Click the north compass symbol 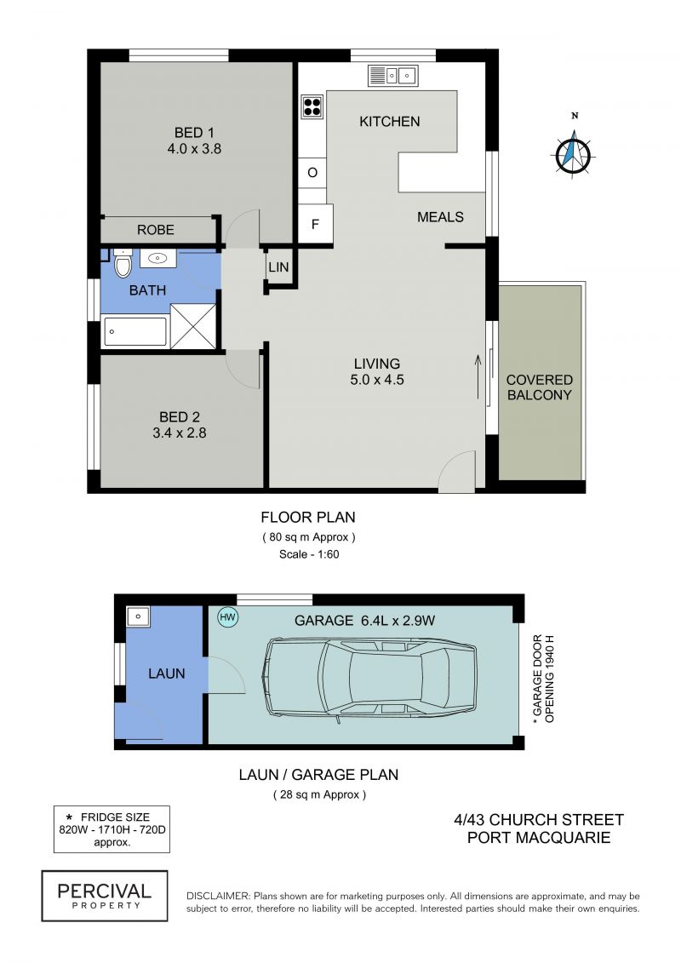click(x=573, y=153)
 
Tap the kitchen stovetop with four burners click(x=312, y=107)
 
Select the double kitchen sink click(x=393, y=76)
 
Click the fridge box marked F click(x=315, y=224)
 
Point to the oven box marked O click(x=312, y=173)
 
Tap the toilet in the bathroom click(x=123, y=263)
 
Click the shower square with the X click(x=193, y=326)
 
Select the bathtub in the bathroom click(x=135, y=332)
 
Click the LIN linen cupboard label click(x=278, y=267)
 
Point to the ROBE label click(x=156, y=230)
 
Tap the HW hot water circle click(x=228, y=617)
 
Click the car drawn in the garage click(x=369, y=678)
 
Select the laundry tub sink click(x=138, y=616)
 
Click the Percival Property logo click(x=105, y=896)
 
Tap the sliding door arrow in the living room click(x=478, y=376)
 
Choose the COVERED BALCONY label click(x=539, y=387)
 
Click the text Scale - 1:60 click(x=309, y=554)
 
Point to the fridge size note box click(x=112, y=829)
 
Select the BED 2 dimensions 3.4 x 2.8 click(x=180, y=433)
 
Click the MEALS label click(x=440, y=217)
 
